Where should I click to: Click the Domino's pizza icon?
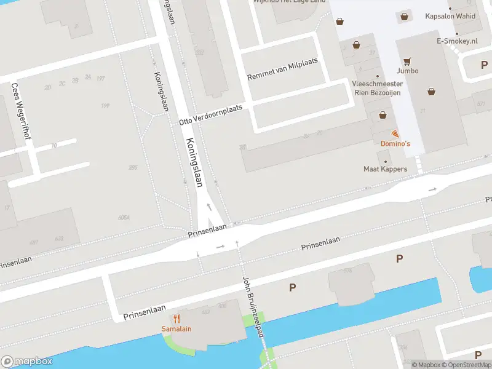(394, 133)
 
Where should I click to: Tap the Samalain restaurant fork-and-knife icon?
(177, 319)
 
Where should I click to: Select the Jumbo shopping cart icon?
(407, 61)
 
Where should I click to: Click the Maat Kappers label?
(385, 169)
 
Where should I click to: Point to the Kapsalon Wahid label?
(450, 16)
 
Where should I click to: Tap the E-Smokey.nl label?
(457, 41)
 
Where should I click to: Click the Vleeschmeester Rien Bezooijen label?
(377, 88)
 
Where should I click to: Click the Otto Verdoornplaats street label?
(211, 115)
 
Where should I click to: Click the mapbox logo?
(27, 362)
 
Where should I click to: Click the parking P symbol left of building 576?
(292, 287)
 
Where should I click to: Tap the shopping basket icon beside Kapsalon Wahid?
(404, 17)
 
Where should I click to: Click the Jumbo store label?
(407, 71)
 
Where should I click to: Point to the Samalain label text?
(177, 328)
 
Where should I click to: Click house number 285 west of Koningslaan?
(133, 167)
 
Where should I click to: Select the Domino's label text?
(395, 143)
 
